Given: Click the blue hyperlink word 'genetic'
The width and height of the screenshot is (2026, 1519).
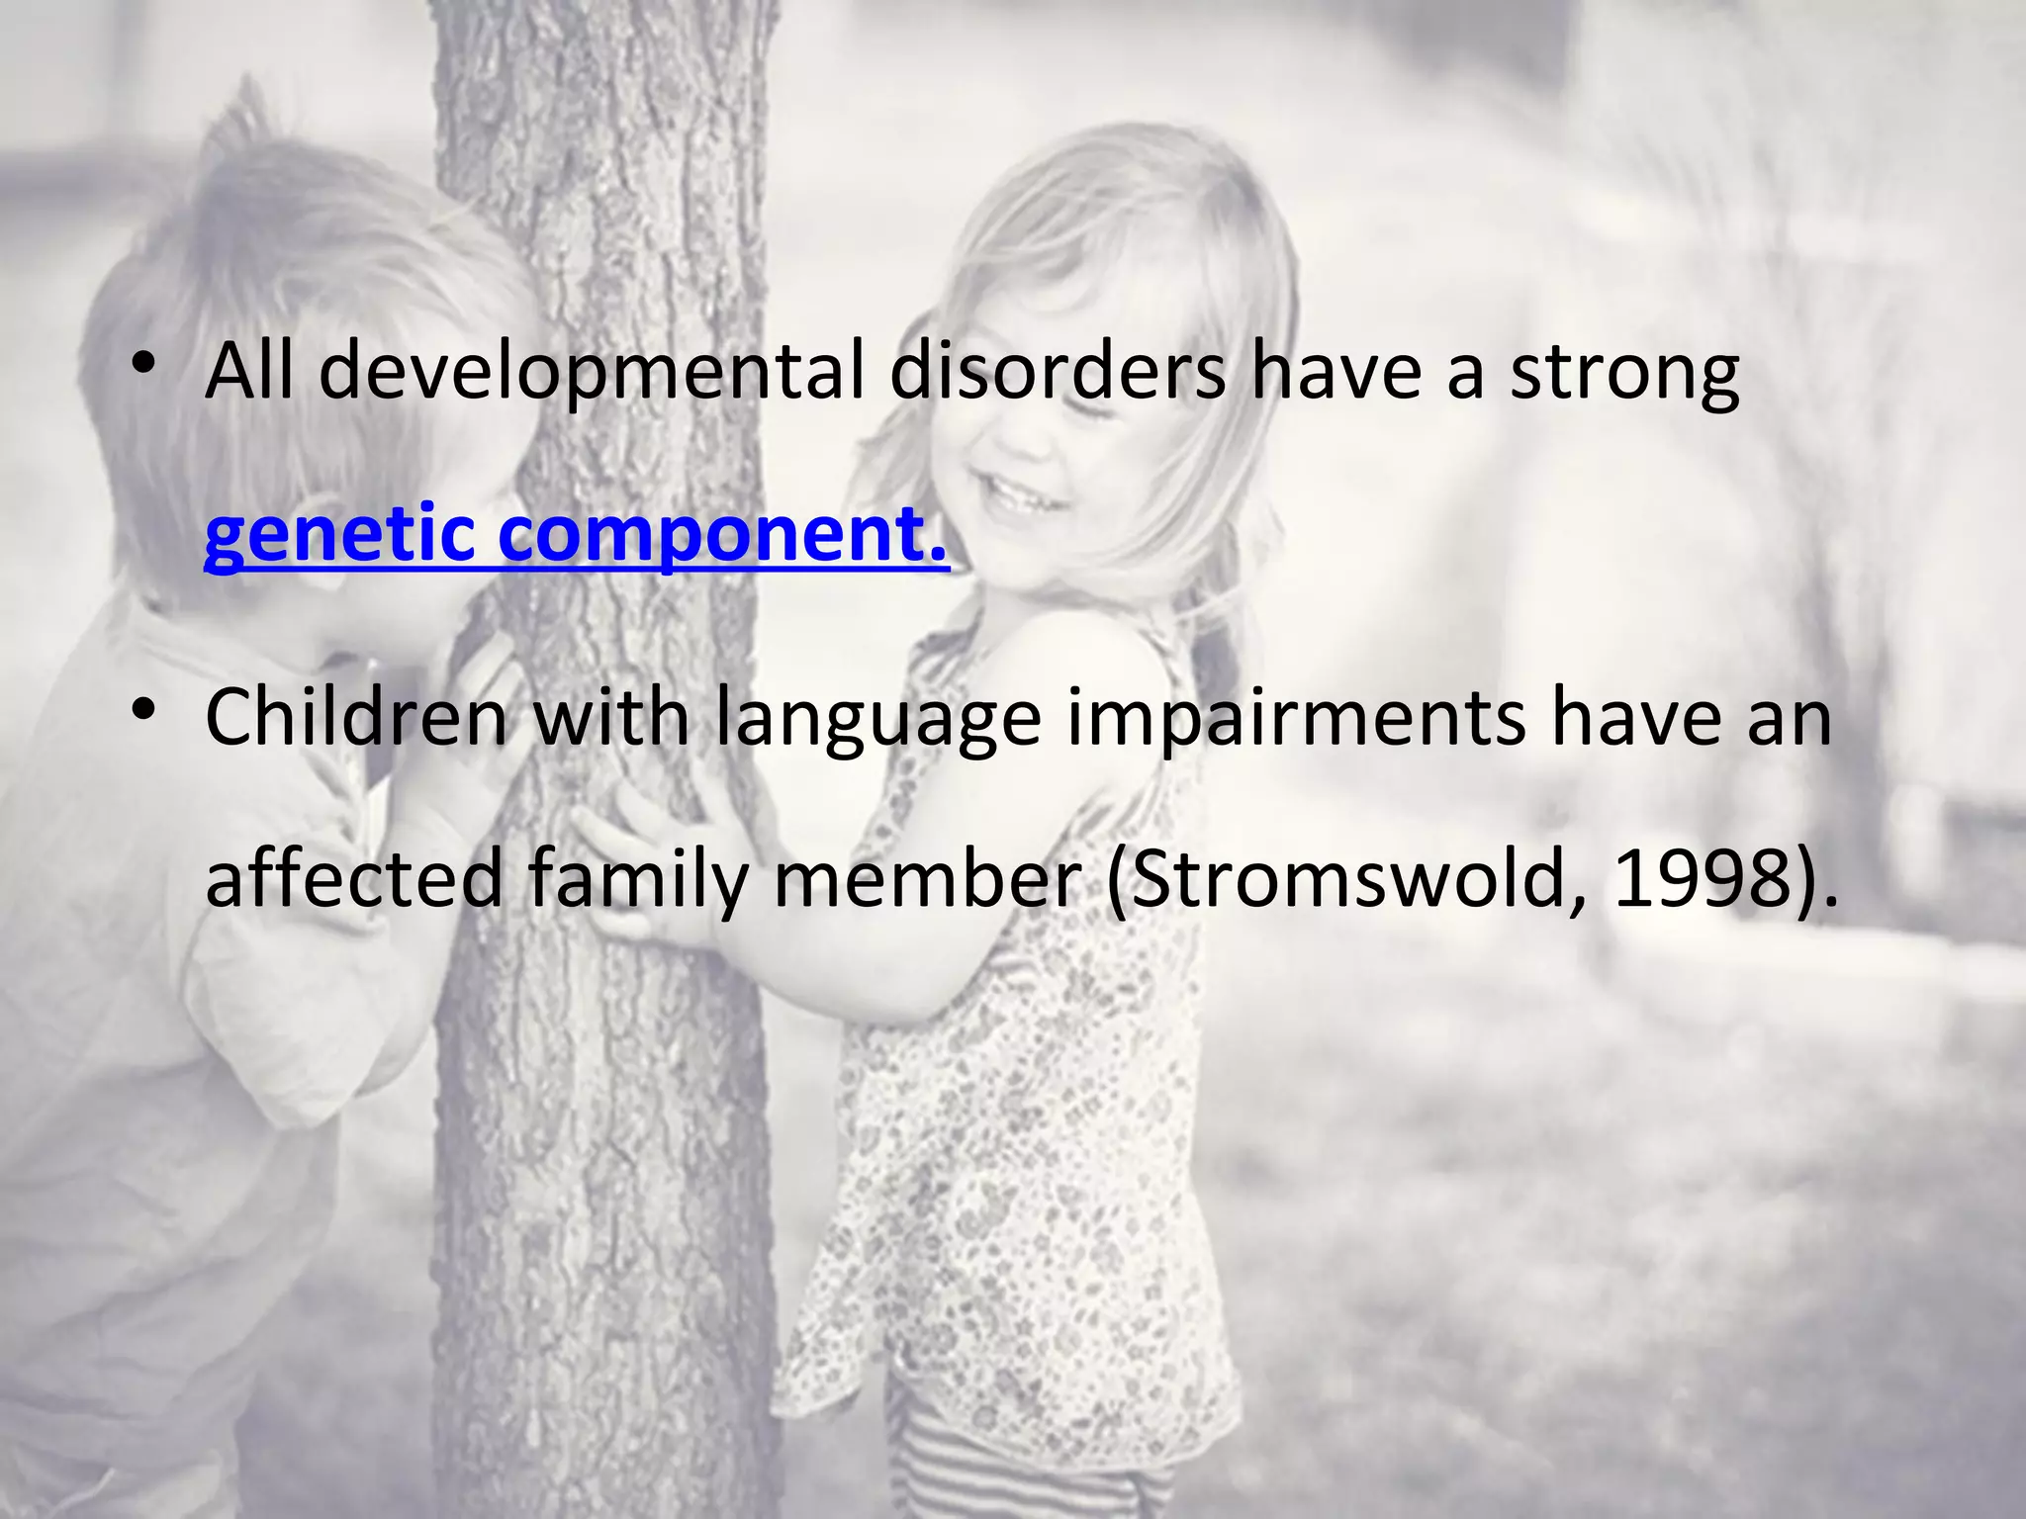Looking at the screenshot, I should click(x=340, y=534).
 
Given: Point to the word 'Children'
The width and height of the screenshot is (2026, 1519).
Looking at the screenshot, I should click(x=356, y=718).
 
